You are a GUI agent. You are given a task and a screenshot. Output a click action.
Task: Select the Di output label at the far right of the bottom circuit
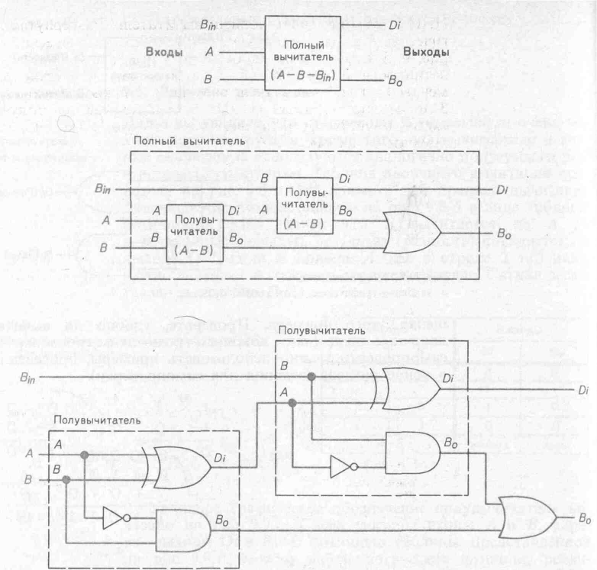click(x=582, y=389)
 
